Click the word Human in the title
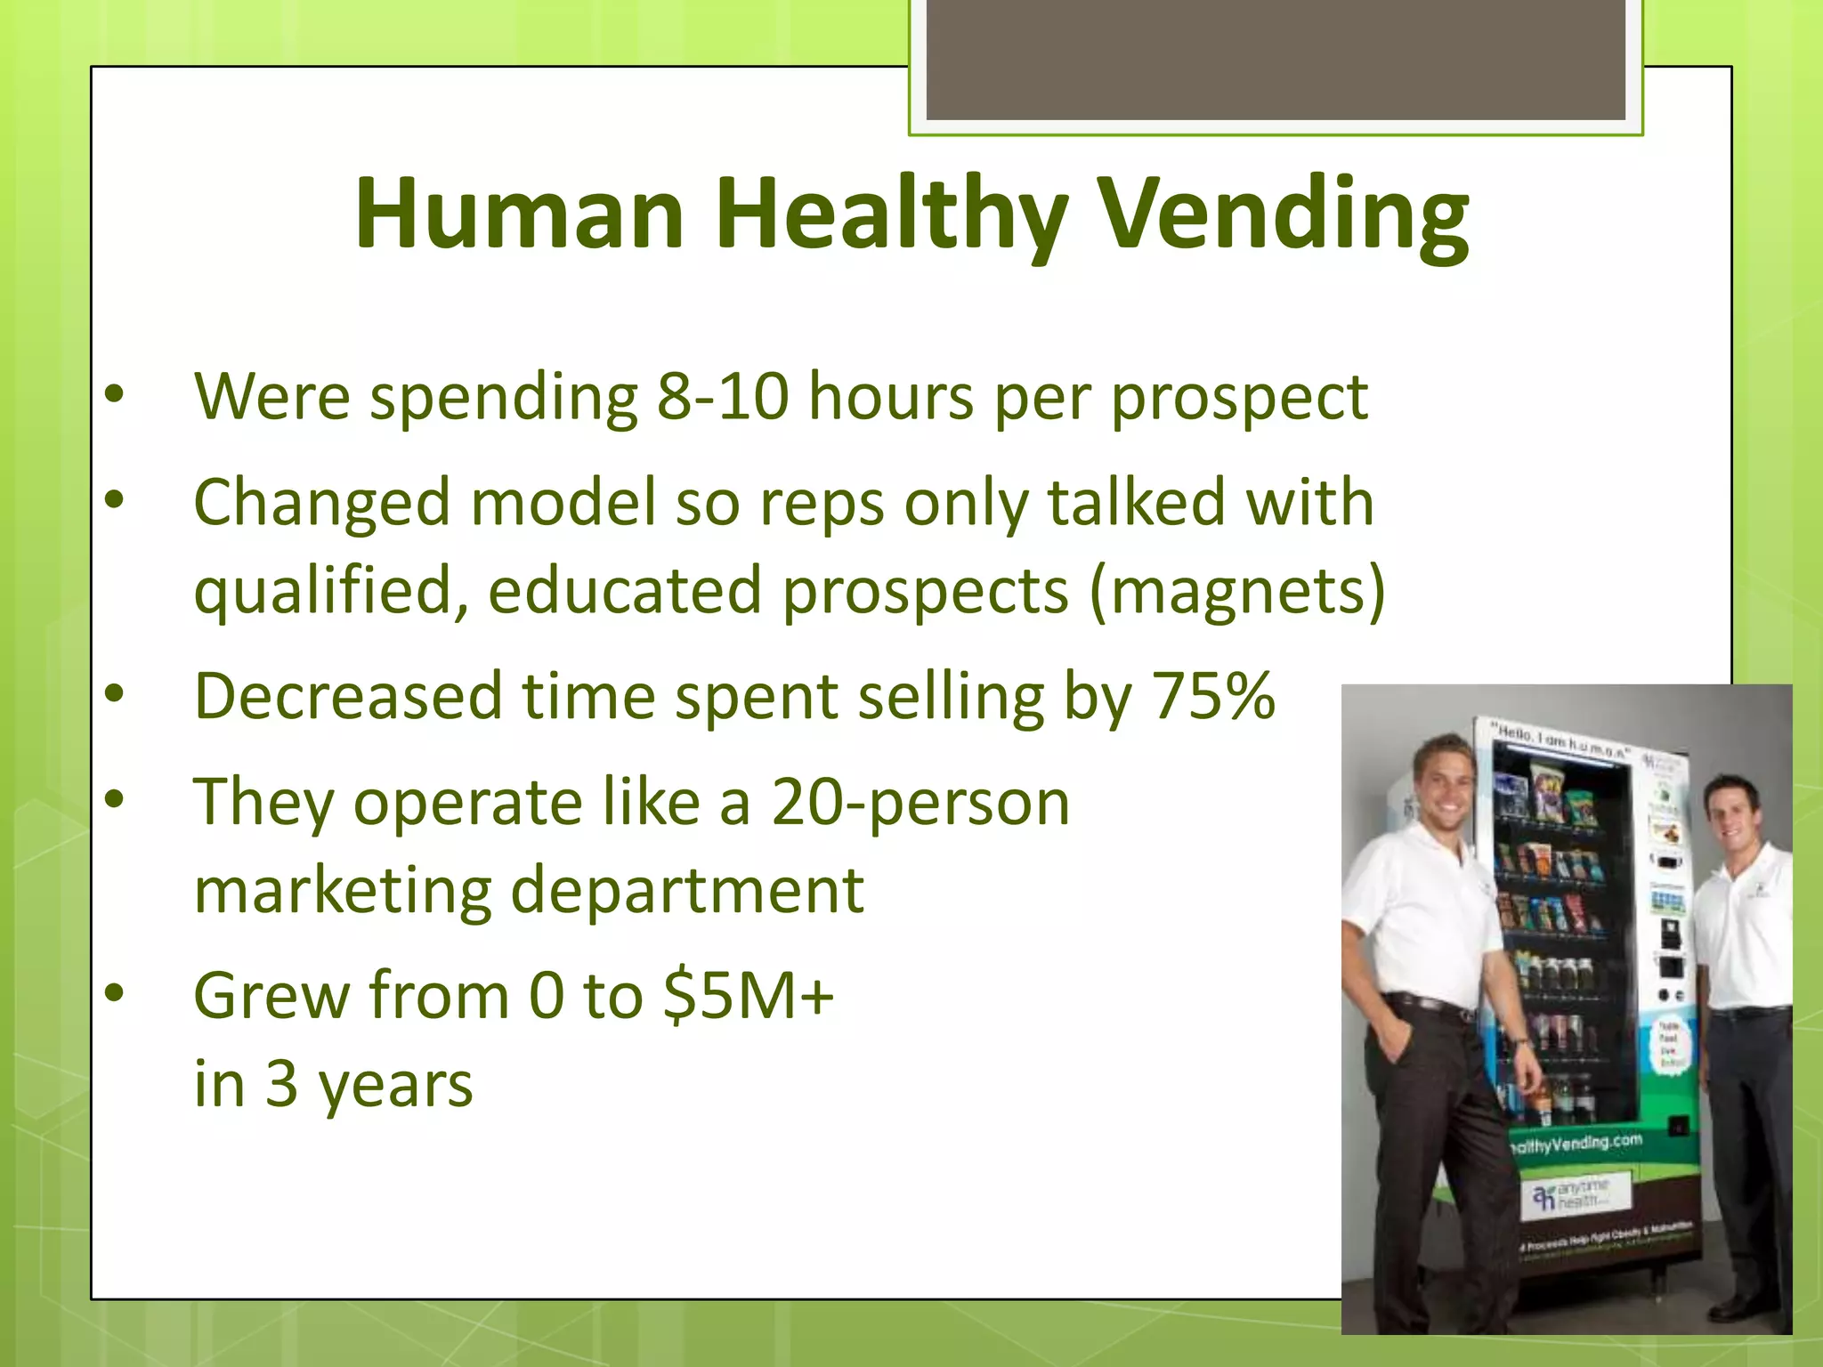(x=519, y=214)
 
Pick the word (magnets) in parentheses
(x=1237, y=590)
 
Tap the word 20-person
(x=920, y=802)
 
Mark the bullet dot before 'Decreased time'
(x=114, y=693)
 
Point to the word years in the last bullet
(x=395, y=1086)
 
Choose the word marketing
(x=343, y=890)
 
